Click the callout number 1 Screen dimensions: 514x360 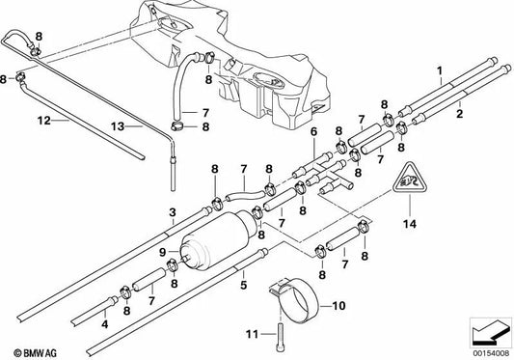pos(440,70)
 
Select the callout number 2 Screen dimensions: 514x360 pos(460,114)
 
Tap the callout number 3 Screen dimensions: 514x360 pos(173,212)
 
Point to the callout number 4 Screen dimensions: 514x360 pos(104,324)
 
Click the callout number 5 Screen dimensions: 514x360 pos(243,285)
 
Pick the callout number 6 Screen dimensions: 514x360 pos(313,132)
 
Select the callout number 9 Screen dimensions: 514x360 pos(163,252)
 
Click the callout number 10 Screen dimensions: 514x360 pos(338,306)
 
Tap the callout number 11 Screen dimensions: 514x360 pos(253,334)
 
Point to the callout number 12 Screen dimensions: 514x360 pos(44,121)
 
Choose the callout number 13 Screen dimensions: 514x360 pos(118,126)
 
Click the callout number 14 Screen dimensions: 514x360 pos(410,224)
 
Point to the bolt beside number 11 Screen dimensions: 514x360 pos(281,337)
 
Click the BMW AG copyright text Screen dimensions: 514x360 pos(35,353)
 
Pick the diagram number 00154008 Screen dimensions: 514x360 pos(491,353)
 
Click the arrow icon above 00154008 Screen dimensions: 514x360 pos(491,333)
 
